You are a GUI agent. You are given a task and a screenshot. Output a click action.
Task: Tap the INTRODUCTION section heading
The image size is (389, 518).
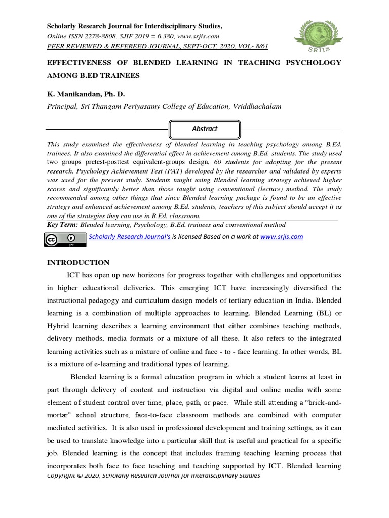tap(78, 262)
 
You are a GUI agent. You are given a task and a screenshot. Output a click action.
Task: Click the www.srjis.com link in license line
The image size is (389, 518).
tap(281, 236)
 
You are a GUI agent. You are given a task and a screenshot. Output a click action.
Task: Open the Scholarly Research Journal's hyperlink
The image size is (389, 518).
tap(129, 236)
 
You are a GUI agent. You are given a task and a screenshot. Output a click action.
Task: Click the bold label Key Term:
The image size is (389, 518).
tap(63, 225)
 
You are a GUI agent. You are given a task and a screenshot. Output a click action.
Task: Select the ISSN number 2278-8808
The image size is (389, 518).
tap(107, 36)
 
